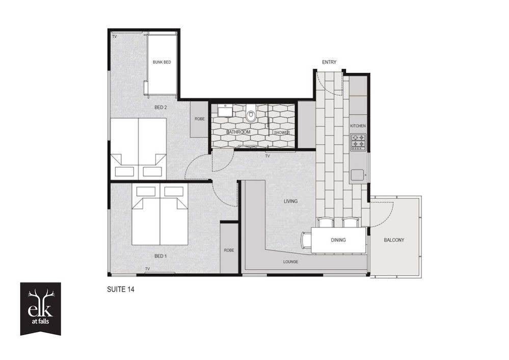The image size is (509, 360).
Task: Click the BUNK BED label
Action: pyautogui.click(x=162, y=62)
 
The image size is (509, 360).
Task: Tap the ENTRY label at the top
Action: pyautogui.click(x=329, y=62)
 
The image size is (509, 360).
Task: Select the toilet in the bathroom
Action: pyautogui.click(x=251, y=114)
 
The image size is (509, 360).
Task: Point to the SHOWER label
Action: pyautogui.click(x=282, y=133)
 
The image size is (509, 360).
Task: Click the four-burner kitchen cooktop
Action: pyautogui.click(x=358, y=142)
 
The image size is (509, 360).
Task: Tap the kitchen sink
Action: pyautogui.click(x=357, y=175)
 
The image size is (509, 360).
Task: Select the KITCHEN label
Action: pyautogui.click(x=358, y=126)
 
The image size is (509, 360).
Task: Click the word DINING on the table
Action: pyautogui.click(x=338, y=240)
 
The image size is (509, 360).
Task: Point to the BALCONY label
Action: pyautogui.click(x=394, y=240)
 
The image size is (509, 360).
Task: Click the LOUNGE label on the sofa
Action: pyautogui.click(x=290, y=262)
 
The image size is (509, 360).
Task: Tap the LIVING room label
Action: pyautogui.click(x=290, y=201)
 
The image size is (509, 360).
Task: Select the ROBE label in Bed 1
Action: pyautogui.click(x=229, y=250)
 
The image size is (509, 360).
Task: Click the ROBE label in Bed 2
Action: pyautogui.click(x=200, y=119)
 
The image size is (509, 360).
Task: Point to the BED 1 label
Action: pyautogui.click(x=160, y=256)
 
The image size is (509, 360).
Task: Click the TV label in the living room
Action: pyautogui.click(x=267, y=156)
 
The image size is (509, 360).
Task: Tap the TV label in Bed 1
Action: pyautogui.click(x=147, y=269)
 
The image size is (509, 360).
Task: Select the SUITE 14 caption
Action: pyautogui.click(x=120, y=289)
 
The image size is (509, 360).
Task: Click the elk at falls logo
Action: pyautogui.click(x=41, y=308)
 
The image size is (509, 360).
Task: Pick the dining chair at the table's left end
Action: pyautogui.click(x=306, y=240)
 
